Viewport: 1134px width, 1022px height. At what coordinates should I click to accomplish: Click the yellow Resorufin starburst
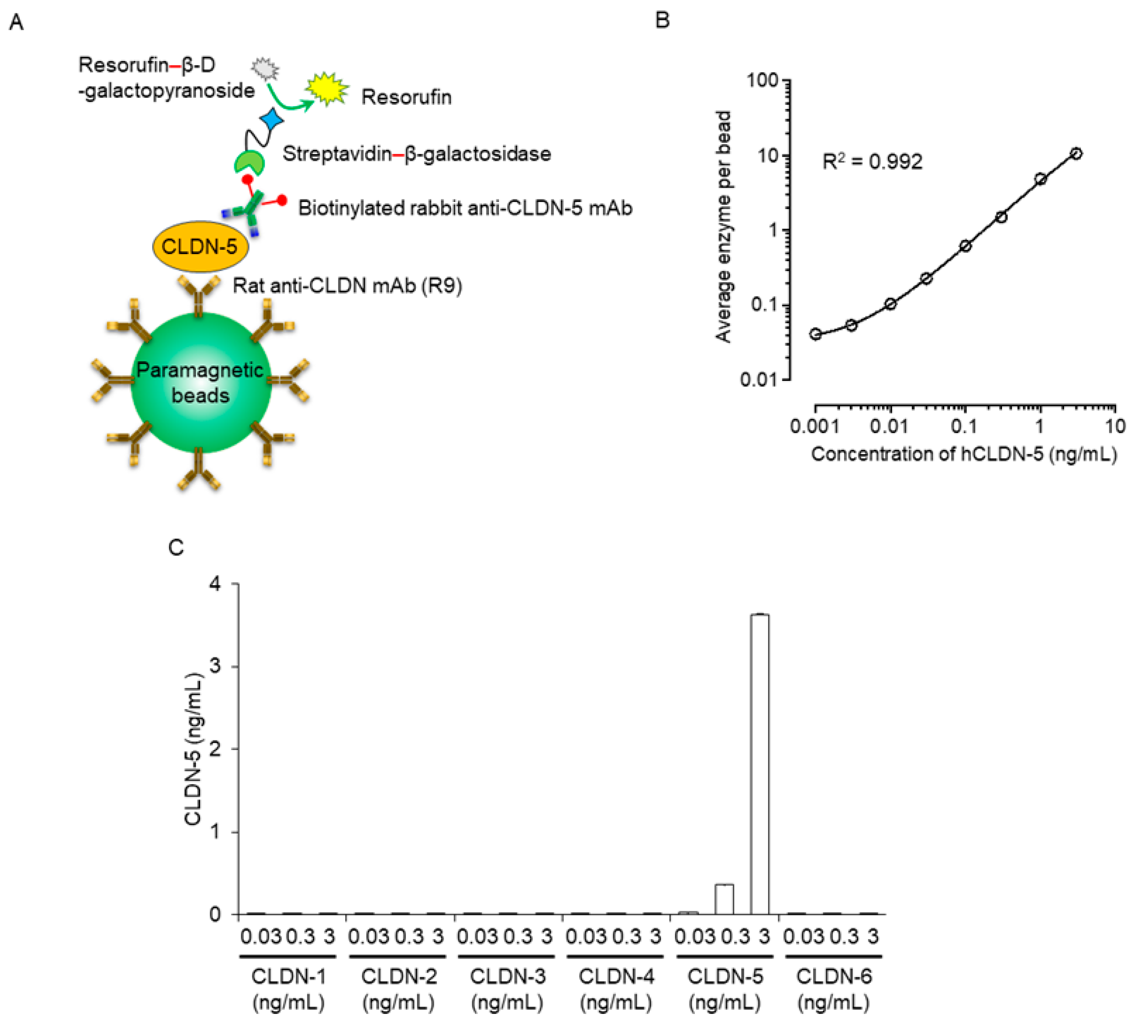[x=326, y=89]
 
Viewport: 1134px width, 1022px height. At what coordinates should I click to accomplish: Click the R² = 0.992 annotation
[x=872, y=162]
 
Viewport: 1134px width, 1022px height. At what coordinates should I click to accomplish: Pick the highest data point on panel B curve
[x=1075, y=153]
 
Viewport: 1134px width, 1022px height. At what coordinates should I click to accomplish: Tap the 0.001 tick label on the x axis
[x=815, y=427]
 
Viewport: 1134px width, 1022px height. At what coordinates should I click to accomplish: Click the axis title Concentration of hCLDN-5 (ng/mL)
[x=963, y=454]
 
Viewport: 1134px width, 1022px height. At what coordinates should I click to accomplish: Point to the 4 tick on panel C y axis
[x=215, y=584]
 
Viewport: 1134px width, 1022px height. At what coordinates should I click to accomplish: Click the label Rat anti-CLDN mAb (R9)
[x=347, y=286]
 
